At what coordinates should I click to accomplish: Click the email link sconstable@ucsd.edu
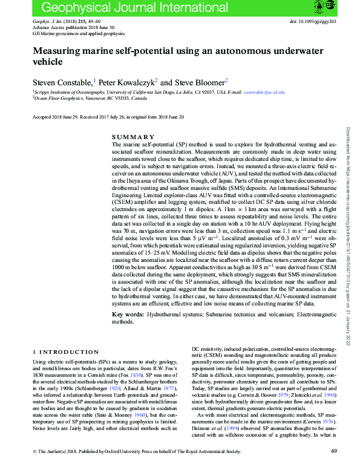point(263,93)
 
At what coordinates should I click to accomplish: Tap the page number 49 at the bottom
point(335,468)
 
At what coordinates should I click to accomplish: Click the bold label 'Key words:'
point(129,315)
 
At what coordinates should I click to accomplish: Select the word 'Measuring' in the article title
point(59,51)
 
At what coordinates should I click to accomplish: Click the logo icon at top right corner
point(321,7)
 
